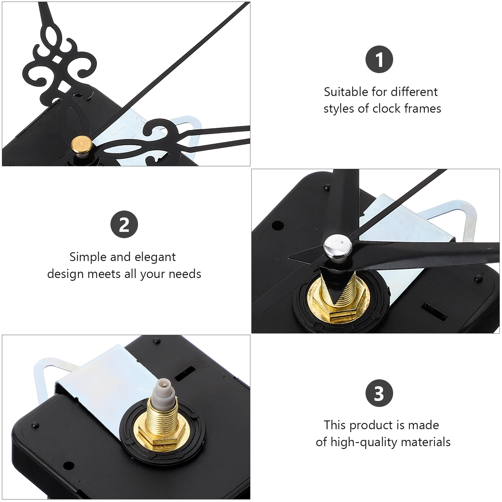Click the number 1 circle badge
coord(379,60)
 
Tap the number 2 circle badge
coord(124,224)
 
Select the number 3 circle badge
coord(379,393)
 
